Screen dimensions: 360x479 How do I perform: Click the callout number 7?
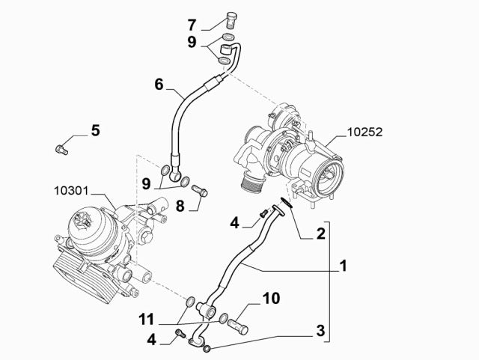pyautogui.click(x=192, y=24)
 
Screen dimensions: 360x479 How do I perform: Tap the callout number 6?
pyautogui.click(x=159, y=84)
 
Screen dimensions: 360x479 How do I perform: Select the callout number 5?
pyautogui.click(x=95, y=131)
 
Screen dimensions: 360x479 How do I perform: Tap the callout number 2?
pyautogui.click(x=320, y=234)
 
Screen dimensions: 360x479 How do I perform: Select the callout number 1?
pyautogui.click(x=343, y=265)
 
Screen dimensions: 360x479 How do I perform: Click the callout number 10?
pyautogui.click(x=270, y=299)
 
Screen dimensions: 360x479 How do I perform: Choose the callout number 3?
pyautogui.click(x=320, y=330)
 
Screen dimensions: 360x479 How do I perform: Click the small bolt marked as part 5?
pyautogui.click(x=62, y=148)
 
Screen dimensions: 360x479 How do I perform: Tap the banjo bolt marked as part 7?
pyautogui.click(x=230, y=18)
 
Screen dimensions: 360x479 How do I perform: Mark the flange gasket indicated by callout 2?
pyautogui.click(x=283, y=202)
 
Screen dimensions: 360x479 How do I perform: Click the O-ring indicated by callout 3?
pyautogui.click(x=207, y=347)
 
